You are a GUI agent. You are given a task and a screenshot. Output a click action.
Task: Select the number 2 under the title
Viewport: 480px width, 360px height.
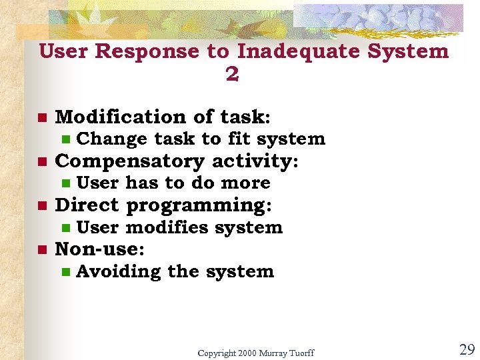[x=232, y=75]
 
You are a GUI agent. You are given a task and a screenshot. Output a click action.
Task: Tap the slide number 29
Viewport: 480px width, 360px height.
[x=467, y=349]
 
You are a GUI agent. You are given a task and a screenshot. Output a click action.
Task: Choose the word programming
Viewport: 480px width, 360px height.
[x=199, y=206]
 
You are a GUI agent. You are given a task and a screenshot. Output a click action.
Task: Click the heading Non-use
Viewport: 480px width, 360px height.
[x=99, y=249]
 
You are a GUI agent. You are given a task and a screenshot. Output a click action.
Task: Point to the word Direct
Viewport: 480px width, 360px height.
[x=87, y=205]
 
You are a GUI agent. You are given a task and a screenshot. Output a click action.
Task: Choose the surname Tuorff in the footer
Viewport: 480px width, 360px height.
[x=300, y=353]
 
